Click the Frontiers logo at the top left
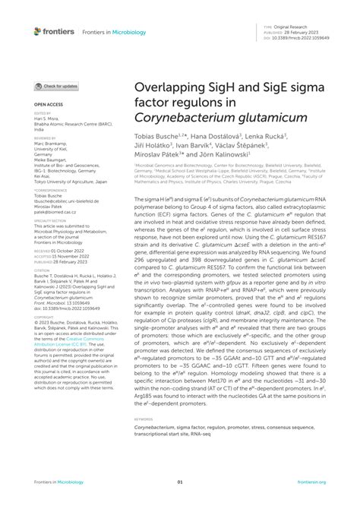[x=54, y=31]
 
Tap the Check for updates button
[x=61, y=87]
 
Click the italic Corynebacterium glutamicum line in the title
[x=221, y=119]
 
